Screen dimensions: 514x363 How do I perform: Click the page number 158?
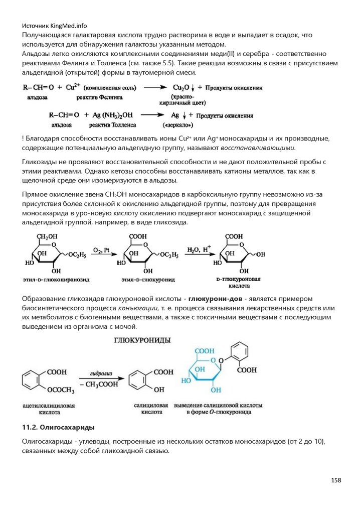335,480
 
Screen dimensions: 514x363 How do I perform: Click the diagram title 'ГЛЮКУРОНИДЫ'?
141,340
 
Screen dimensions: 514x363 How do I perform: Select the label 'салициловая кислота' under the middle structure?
147,408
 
